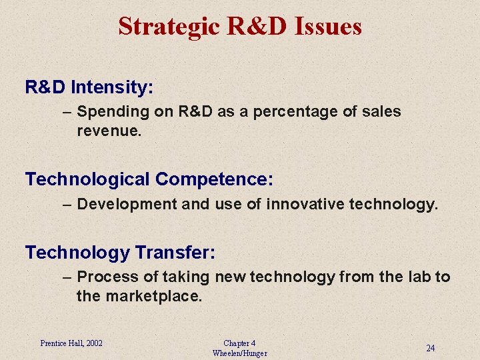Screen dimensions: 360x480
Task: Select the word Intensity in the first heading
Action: pyautogui.click(x=112, y=87)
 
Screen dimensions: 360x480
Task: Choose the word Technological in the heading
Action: pyautogui.click(x=87, y=179)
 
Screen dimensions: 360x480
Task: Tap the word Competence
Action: pyautogui.click(x=214, y=179)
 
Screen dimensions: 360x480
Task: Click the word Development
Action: pyautogui.click(x=127, y=203)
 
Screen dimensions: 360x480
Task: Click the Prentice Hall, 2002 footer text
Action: pyautogui.click(x=71, y=343)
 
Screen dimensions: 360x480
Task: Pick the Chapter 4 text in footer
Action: pyautogui.click(x=239, y=343)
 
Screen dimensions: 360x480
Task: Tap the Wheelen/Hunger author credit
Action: pyautogui.click(x=239, y=353)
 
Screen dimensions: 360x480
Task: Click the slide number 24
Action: pyautogui.click(x=431, y=348)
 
